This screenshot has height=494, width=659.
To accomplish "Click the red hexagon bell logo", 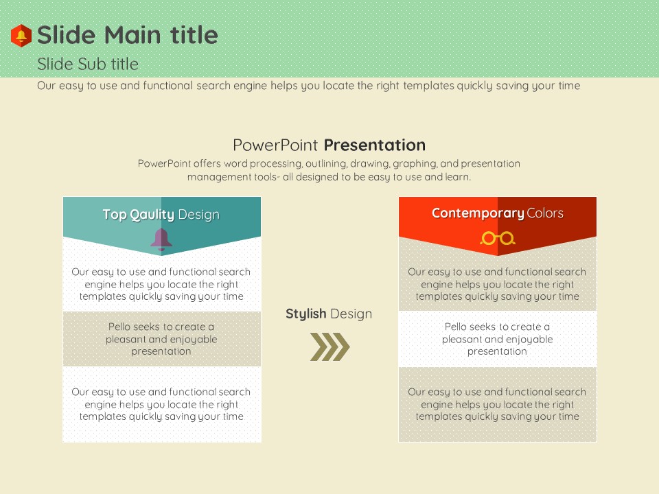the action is pos(21,35).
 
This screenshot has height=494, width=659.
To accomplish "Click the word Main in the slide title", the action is pos(132,35).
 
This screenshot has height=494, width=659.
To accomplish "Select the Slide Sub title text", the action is pos(88,64).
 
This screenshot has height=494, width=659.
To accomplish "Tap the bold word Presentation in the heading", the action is pos(375,145).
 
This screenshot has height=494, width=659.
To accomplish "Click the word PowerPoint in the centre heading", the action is pos(275,145).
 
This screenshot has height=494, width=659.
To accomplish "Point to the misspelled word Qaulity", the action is pos(152,215).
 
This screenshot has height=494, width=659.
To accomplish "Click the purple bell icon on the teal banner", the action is pos(161,240).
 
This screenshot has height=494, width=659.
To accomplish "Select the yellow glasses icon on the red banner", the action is pos(498,238).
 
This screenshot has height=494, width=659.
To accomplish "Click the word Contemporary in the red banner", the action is pos(478,213).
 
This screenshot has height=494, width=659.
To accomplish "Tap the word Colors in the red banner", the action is pos(545,213).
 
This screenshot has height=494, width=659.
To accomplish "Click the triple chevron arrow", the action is pos(330,346).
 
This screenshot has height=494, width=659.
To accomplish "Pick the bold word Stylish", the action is pos(306,314).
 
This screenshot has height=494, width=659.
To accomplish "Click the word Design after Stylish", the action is pos(351,314).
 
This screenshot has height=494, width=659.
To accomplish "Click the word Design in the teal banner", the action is pos(199,215).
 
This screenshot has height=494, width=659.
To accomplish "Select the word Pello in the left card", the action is pos(119,327).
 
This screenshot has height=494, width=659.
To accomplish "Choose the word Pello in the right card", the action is pos(456,327).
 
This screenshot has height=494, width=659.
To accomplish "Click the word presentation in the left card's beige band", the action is pos(161,351).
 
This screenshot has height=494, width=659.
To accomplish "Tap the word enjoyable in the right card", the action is pos(529,340).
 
